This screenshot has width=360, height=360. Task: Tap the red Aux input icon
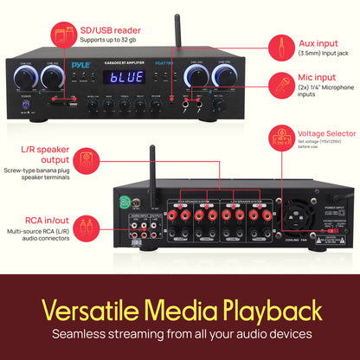coord(279,45)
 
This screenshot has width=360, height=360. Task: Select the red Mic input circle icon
coord(279,87)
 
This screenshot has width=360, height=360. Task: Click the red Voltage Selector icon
coord(279,137)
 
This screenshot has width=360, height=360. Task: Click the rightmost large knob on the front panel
coord(226,79)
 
